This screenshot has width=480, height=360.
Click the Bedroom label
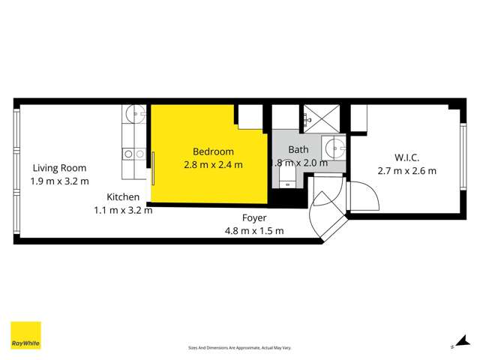pos(213,151)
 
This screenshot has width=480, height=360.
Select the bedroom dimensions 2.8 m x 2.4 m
pos(213,165)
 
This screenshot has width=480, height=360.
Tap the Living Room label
pos(58,168)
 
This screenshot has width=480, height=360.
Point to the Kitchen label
pos(123,196)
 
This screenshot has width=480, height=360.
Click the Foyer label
pos(254,218)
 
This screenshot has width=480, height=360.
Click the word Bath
pos(298,149)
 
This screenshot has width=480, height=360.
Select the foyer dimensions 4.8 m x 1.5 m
pos(254,231)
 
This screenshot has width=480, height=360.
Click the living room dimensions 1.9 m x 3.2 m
pos(58,181)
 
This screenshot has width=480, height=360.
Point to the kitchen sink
pos(136,114)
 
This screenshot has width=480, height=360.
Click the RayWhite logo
pos(25,335)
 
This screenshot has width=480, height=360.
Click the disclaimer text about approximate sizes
pos(239,347)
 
